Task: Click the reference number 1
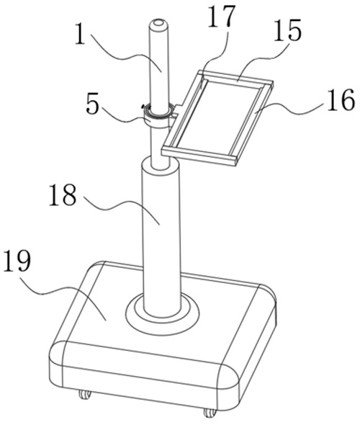(81, 34)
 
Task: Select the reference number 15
(287, 30)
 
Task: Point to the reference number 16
(341, 99)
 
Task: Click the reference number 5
(93, 104)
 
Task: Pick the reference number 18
(63, 194)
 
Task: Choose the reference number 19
(17, 260)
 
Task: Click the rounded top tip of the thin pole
(158, 23)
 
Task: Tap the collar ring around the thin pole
(158, 115)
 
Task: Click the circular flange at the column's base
(162, 313)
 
